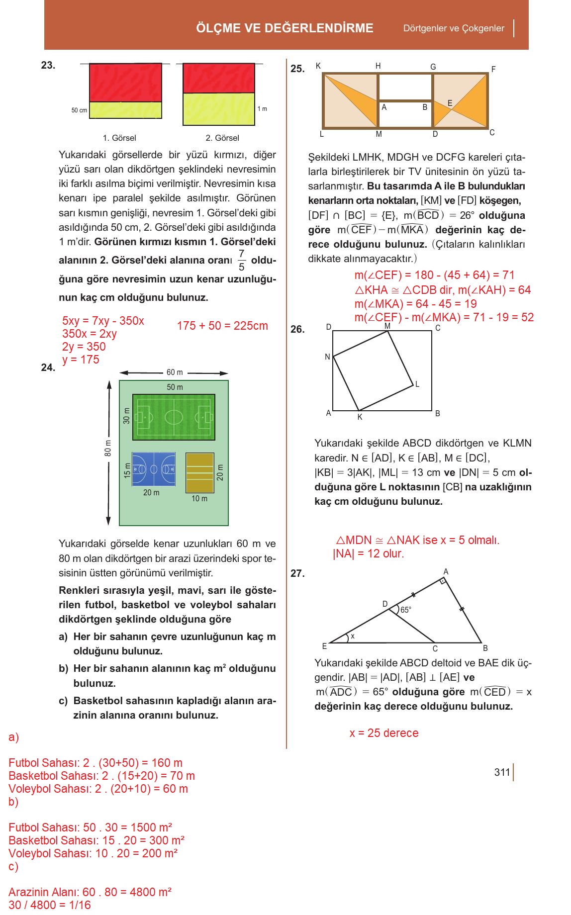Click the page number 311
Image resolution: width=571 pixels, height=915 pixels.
tap(502, 772)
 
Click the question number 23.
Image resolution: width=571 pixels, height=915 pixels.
tap(48, 65)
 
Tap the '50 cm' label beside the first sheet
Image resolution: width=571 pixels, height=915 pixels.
tap(79, 110)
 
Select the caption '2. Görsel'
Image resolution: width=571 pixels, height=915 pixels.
tap(222, 138)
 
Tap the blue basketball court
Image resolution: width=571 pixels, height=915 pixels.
tap(153, 469)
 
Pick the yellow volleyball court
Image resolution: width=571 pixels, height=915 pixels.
tap(199, 472)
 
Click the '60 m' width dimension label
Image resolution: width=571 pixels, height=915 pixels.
tap(175, 372)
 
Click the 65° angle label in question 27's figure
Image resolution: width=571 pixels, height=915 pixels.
tap(406, 610)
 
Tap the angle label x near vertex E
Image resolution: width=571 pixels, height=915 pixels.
tap(353, 636)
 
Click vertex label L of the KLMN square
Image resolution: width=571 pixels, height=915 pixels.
tap(417, 384)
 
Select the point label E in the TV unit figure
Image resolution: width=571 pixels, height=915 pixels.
tap(450, 103)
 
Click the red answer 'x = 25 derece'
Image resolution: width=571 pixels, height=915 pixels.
tap(384, 733)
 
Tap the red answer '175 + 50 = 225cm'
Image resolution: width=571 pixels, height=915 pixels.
tap(222, 326)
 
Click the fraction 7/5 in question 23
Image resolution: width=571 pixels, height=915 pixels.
tap(241, 260)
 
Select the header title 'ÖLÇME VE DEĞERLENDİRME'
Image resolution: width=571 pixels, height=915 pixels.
tap(285, 28)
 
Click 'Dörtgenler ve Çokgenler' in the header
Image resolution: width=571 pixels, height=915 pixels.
tap(454, 28)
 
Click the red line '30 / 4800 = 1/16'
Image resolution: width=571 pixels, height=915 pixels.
tap(50, 905)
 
